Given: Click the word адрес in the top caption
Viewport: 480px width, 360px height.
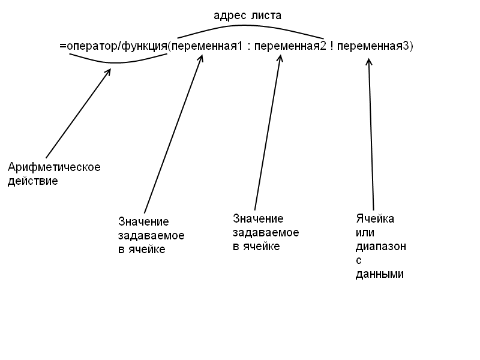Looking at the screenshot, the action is [229, 16].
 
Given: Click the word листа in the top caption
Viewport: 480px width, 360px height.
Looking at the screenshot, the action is [266, 16].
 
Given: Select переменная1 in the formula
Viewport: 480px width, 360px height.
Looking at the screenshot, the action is [207, 47].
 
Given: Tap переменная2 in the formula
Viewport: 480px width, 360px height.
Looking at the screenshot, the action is [290, 47].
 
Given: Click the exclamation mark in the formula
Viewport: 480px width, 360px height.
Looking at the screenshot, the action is [332, 46].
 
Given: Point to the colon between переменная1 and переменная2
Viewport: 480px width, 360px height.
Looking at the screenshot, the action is [248, 47].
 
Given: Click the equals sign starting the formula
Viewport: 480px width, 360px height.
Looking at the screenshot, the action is [63, 46].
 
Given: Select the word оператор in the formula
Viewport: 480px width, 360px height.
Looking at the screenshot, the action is [92, 47].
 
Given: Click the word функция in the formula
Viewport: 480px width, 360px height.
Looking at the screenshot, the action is [145, 47].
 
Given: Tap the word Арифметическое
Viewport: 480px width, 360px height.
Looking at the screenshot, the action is [54, 167].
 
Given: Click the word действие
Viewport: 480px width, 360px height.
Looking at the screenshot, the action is [33, 181].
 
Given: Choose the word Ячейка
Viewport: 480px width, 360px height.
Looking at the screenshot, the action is [375, 218].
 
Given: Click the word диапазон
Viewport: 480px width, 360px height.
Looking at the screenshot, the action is [381, 247].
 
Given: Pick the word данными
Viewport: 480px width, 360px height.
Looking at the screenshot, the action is [380, 274].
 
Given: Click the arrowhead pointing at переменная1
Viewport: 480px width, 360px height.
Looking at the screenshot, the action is [201, 58].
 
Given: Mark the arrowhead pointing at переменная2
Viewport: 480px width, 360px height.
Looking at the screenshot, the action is [280, 58].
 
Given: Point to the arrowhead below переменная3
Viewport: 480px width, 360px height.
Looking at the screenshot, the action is [369, 62].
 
